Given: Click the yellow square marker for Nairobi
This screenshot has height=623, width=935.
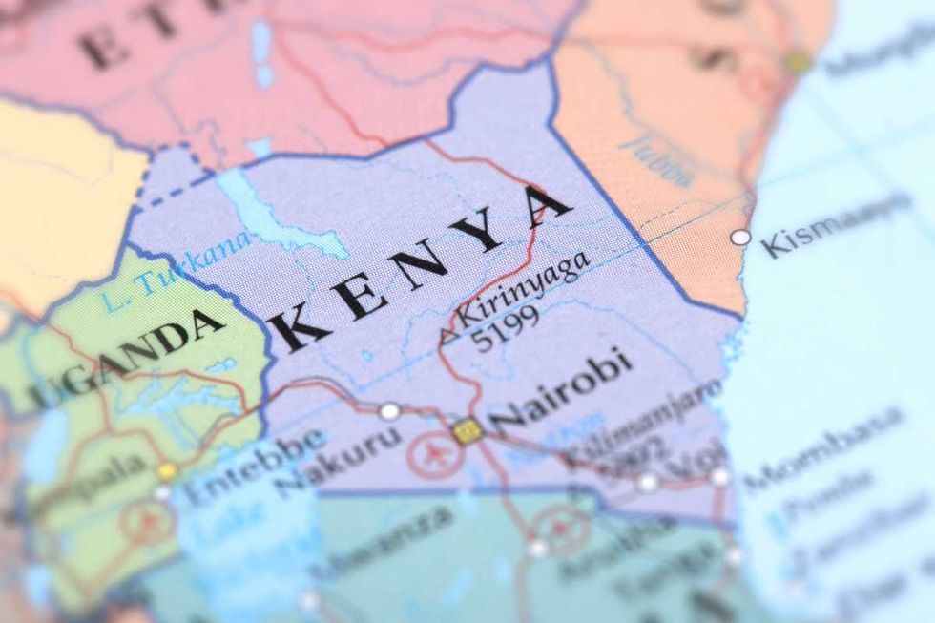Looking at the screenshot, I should tap(467, 431).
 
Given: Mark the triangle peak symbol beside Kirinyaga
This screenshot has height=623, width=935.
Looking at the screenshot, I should tap(445, 335).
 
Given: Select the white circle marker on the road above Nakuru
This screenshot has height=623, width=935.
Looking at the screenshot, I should tap(389, 411).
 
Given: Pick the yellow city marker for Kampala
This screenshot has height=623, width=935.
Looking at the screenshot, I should tap(168, 471).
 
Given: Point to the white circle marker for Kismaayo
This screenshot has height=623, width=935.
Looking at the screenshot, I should tap(740, 237).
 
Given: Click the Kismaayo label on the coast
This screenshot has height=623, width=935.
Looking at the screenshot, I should tap(835, 225).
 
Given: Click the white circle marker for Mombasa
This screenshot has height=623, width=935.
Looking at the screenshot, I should tap(719, 477).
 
